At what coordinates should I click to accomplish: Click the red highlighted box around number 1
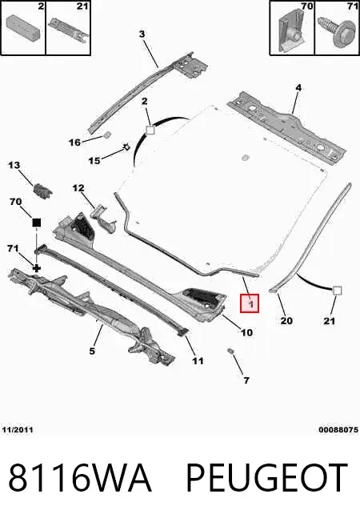tap(250, 303)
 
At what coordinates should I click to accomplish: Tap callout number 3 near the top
tap(142, 34)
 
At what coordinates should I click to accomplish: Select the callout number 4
tap(298, 88)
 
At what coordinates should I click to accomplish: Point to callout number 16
tap(74, 143)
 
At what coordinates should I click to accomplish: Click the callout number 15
tap(94, 161)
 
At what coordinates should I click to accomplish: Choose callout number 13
tap(14, 165)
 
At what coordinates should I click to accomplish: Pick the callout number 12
tap(78, 188)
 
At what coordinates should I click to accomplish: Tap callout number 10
tap(246, 332)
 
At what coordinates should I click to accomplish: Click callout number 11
tap(198, 361)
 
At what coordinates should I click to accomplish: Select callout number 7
tap(246, 380)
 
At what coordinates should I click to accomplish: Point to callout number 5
tap(92, 351)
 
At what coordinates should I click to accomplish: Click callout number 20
tap(286, 320)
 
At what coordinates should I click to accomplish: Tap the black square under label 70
tap(36, 223)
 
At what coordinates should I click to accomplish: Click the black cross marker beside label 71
tap(36, 267)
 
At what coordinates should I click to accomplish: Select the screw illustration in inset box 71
tap(336, 32)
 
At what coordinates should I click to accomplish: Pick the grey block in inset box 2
tap(23, 26)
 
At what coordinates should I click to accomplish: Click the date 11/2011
tap(18, 430)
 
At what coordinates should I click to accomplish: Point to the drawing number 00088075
tap(338, 430)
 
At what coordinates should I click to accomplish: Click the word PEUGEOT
tap(266, 478)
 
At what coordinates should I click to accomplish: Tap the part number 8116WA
tap(79, 478)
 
